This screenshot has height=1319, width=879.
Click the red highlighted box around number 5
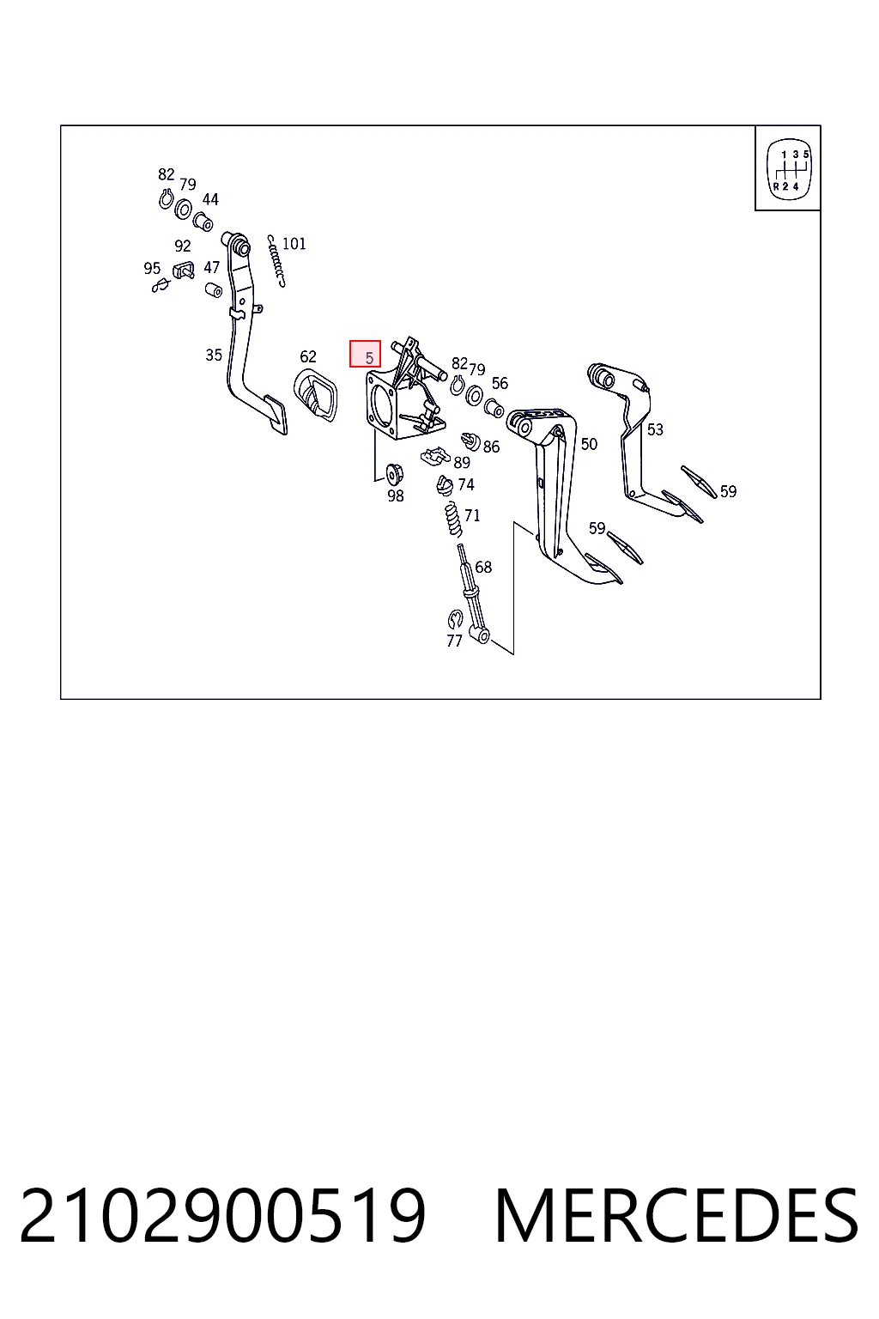[x=365, y=354]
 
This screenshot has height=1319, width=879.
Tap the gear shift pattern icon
[x=788, y=169]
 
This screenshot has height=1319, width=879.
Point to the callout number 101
[x=294, y=244]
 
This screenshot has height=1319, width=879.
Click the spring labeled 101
[x=276, y=261]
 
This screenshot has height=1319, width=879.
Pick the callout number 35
[x=214, y=355]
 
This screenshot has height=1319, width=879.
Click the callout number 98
[x=396, y=496]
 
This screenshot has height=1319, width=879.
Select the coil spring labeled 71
[x=452, y=519]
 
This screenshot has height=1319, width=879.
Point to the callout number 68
[x=483, y=567]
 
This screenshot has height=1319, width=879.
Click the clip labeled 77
[x=455, y=619]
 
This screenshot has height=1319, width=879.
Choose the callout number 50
[x=589, y=444]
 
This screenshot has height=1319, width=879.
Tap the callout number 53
[x=655, y=430]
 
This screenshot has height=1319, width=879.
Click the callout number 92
[x=183, y=246]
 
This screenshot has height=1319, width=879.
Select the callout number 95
[x=152, y=269]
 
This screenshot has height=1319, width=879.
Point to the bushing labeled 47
[x=213, y=290]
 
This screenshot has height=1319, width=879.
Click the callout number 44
[x=210, y=199]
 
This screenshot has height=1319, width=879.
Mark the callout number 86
[x=491, y=447]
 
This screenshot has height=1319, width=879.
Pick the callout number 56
[x=500, y=383]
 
